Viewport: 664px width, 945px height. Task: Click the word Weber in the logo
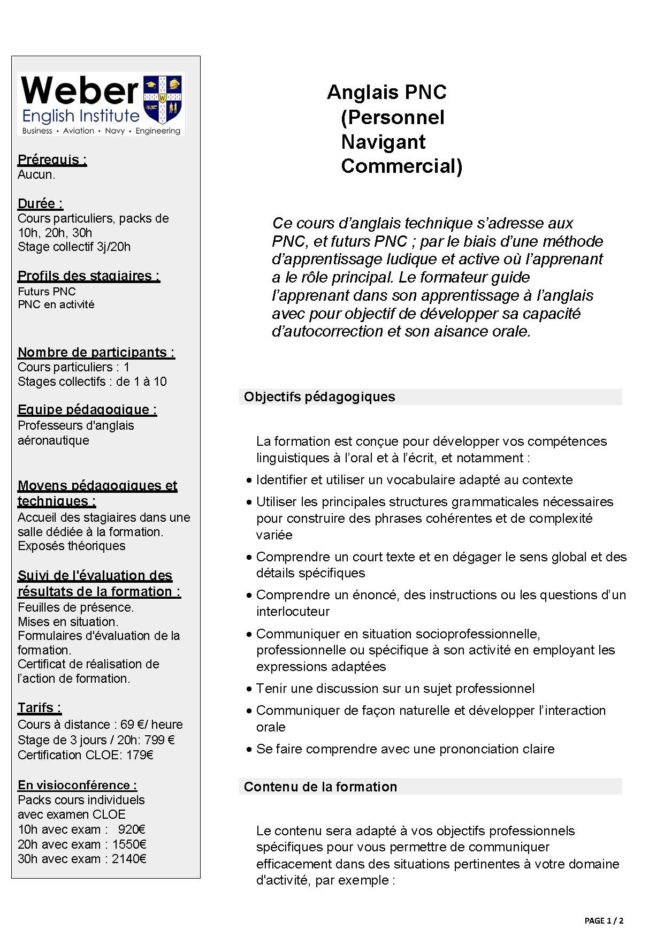(x=80, y=91)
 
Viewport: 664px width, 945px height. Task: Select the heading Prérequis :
(x=52, y=159)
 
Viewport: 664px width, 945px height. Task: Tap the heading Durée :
(x=40, y=203)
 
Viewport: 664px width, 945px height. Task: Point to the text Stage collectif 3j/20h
(x=74, y=247)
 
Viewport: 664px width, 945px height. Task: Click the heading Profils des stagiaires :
(x=89, y=276)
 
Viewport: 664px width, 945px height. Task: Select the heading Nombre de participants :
(x=96, y=352)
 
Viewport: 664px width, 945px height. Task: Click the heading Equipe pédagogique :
(x=87, y=409)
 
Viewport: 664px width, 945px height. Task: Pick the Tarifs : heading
(x=40, y=707)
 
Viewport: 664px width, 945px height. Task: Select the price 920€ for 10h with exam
(x=132, y=829)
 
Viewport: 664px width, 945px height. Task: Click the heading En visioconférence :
(x=78, y=785)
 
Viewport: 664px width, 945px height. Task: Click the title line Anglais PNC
(x=386, y=92)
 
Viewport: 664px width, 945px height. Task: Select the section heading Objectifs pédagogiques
(x=319, y=397)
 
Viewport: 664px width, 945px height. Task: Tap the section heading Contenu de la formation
(x=320, y=787)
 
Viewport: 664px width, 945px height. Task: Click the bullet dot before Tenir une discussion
(x=249, y=689)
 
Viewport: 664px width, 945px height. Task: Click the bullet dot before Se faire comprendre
(x=249, y=750)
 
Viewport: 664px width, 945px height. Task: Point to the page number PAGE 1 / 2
(x=604, y=921)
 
